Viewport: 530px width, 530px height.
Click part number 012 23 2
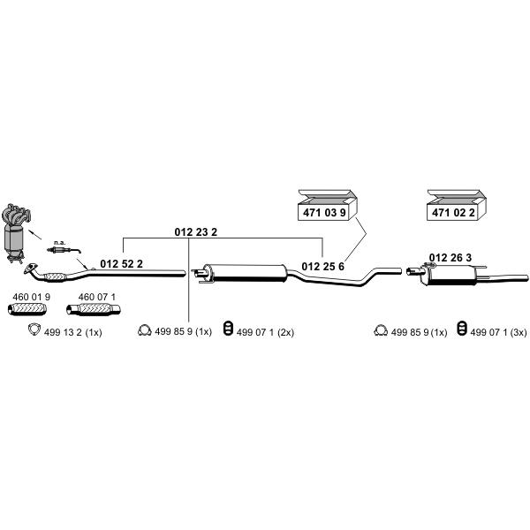(196, 231)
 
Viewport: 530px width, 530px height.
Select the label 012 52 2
(121, 263)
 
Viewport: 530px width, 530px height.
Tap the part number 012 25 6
(322, 267)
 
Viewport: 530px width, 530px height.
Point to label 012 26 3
(450, 258)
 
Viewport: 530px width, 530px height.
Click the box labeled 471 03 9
(327, 206)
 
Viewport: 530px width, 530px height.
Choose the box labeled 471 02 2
(457, 206)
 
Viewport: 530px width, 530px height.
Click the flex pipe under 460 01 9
(27, 309)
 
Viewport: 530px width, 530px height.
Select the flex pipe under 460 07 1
(94, 309)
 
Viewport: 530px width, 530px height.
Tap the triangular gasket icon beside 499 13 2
(34, 329)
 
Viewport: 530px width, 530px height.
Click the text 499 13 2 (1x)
(73, 332)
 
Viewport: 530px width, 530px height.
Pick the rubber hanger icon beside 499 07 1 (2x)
(229, 329)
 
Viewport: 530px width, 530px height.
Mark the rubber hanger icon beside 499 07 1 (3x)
(462, 329)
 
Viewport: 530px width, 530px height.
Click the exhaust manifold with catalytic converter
(16, 232)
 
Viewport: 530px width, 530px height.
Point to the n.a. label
(59, 242)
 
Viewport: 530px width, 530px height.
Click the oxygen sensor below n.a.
(64, 250)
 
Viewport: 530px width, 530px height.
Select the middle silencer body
(246, 273)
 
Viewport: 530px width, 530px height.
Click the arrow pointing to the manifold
(34, 234)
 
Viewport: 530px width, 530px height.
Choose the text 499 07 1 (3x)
(498, 332)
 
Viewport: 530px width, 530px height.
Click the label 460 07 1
(97, 297)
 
